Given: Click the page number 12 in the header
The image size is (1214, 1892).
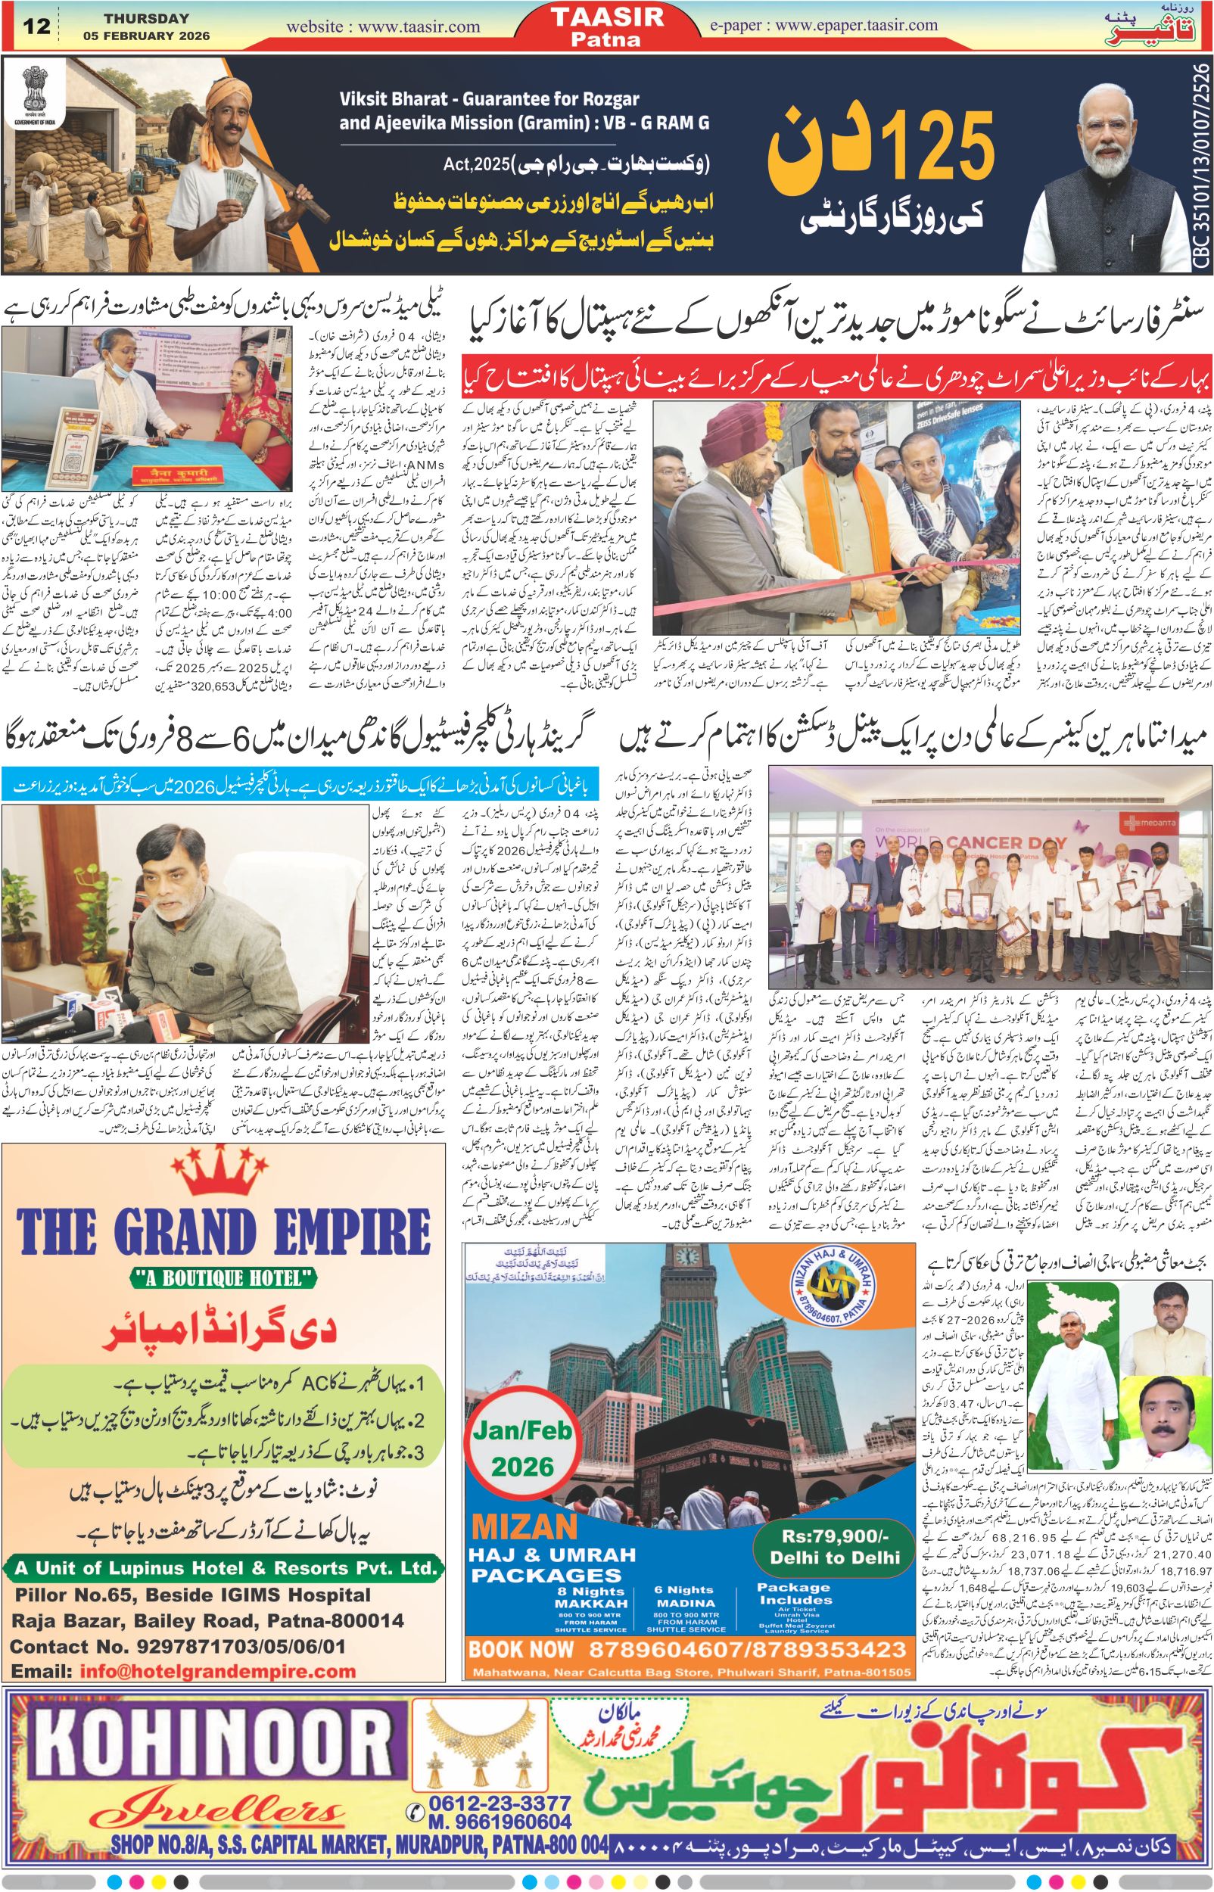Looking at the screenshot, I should pyautogui.click(x=38, y=26).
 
